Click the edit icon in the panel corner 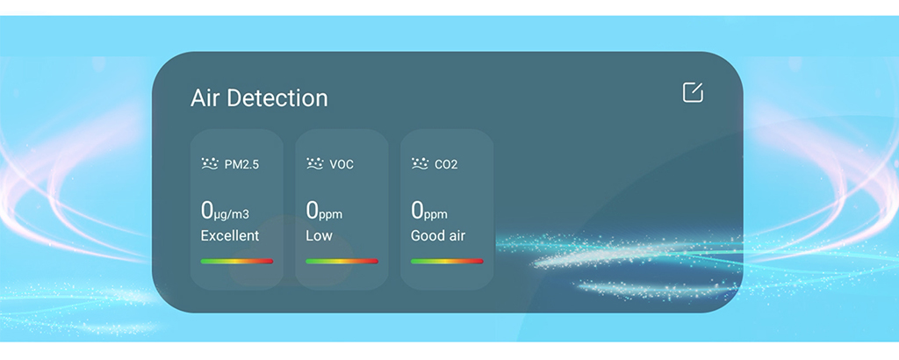[693, 92]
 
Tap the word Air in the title [205, 98]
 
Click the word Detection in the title [277, 98]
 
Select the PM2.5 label [241, 164]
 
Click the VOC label [342, 164]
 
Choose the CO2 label [446, 164]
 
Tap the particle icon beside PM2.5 [210, 163]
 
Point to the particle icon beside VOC [315, 163]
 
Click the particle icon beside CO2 [421, 163]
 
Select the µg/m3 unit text [232, 215]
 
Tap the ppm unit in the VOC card [331, 215]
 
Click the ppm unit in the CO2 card [435, 215]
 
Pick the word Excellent [230, 235]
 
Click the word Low [319, 235]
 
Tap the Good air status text [438, 235]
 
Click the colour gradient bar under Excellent [237, 262]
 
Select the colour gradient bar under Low [342, 262]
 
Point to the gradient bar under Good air [447, 262]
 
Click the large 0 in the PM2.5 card [207, 211]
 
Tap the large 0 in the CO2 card [417, 211]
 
